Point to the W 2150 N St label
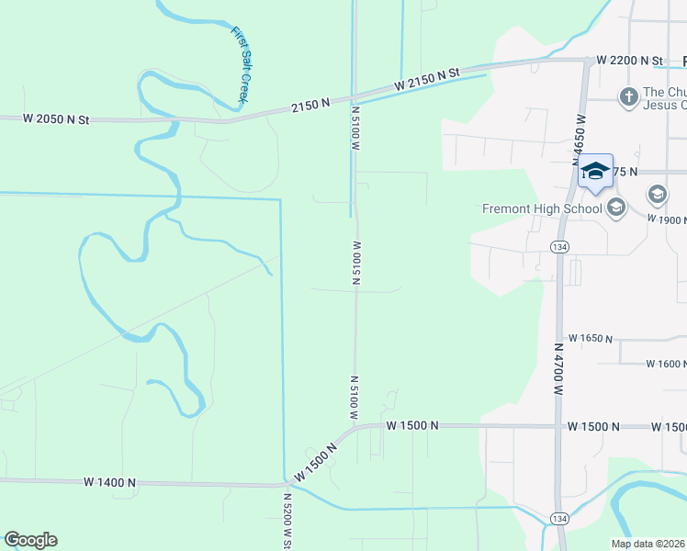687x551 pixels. coord(426,79)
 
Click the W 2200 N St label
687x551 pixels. coord(629,61)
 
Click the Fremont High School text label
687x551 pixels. coord(542,208)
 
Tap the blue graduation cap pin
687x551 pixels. coord(595,171)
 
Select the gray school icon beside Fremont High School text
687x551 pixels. coord(615,208)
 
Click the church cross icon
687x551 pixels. coord(628,96)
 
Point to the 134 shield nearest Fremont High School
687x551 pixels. coord(557,246)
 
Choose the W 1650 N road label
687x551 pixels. coord(591,339)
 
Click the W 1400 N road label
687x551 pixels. coord(109,482)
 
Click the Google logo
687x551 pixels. coord(30,540)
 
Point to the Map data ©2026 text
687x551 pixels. coord(648,544)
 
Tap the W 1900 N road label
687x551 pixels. coord(666,220)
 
